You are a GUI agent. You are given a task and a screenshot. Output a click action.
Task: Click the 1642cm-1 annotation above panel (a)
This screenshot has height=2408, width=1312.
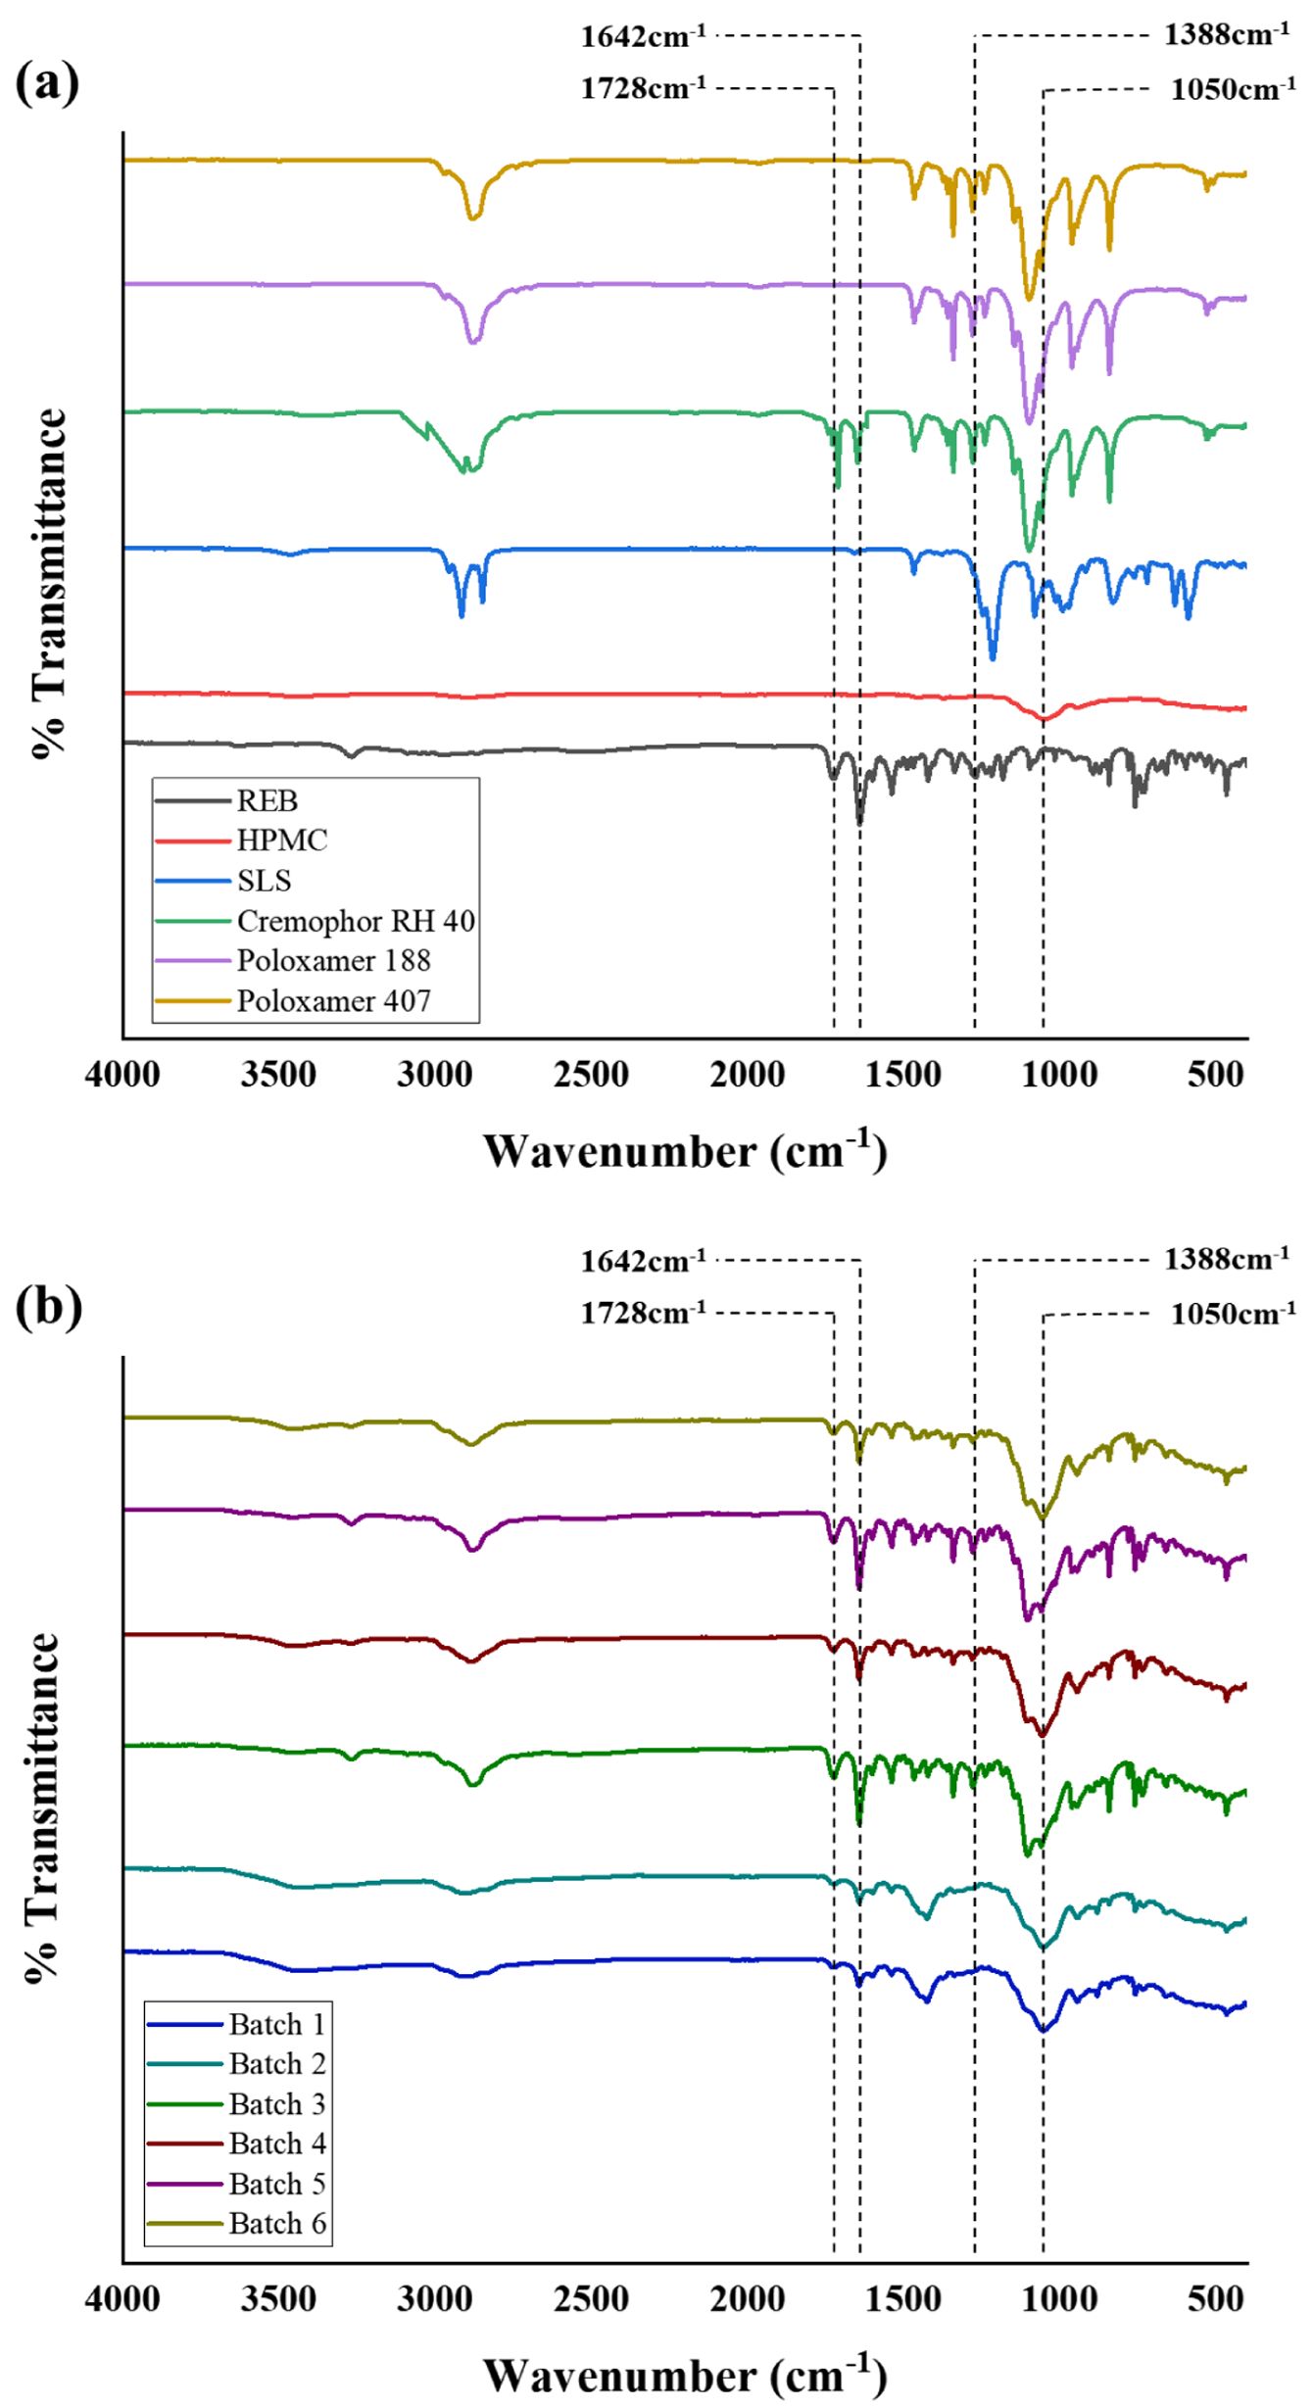(x=643, y=37)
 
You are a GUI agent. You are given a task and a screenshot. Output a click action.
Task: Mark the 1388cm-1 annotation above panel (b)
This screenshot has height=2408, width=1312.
(x=1227, y=1259)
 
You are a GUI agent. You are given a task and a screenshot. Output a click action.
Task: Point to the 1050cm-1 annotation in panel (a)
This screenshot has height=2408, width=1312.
(x=1233, y=90)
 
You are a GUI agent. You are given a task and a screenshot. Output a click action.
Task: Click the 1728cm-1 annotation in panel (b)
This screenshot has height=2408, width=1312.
(x=643, y=1313)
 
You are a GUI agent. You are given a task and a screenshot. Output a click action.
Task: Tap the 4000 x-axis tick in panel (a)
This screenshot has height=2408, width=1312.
(x=122, y=1075)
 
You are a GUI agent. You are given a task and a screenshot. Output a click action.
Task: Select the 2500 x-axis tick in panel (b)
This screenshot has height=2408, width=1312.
(x=591, y=2299)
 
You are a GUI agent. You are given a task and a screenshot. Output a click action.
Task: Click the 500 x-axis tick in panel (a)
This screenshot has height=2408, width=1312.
(x=1216, y=1075)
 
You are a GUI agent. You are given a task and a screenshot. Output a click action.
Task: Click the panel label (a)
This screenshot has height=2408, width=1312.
(x=47, y=83)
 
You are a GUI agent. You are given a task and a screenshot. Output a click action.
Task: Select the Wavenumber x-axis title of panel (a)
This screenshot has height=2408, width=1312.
(x=685, y=1151)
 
